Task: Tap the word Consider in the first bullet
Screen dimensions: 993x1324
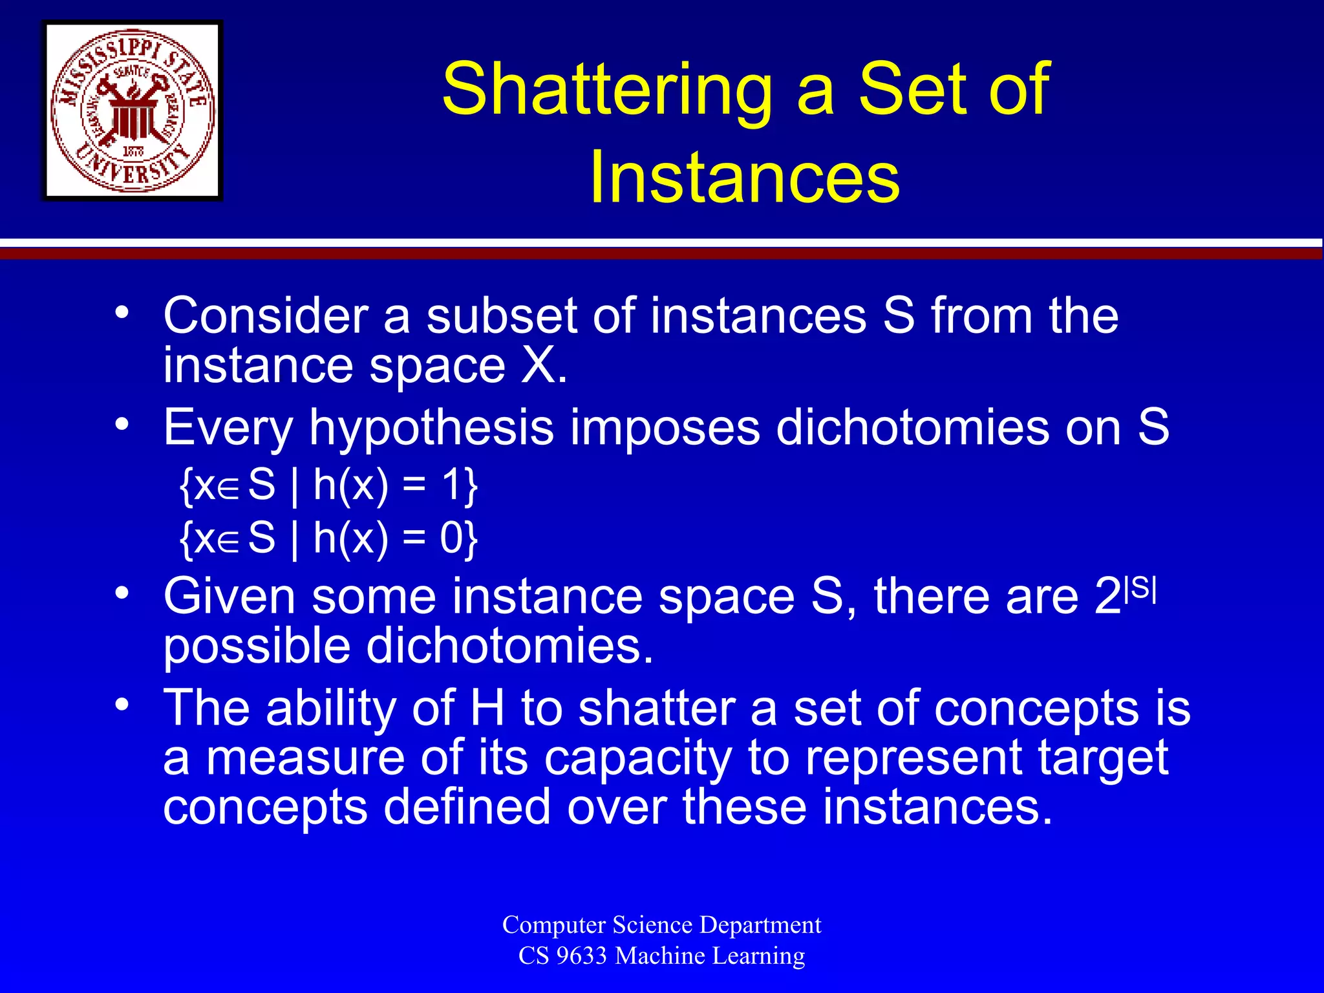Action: (x=265, y=316)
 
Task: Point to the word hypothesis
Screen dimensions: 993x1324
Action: (x=431, y=428)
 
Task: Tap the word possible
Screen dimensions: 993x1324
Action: (x=257, y=646)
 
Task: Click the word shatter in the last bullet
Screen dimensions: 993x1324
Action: (x=657, y=708)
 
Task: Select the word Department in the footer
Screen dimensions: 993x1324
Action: (x=760, y=925)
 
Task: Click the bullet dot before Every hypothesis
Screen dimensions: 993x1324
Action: (x=122, y=425)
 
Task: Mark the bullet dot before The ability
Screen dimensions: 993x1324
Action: (x=122, y=704)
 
